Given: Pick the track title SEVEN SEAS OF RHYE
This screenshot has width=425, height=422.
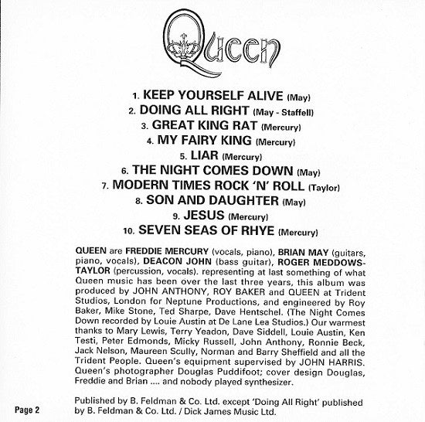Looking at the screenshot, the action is coord(204,230).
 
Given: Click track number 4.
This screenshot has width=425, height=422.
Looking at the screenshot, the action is coord(150,141).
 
